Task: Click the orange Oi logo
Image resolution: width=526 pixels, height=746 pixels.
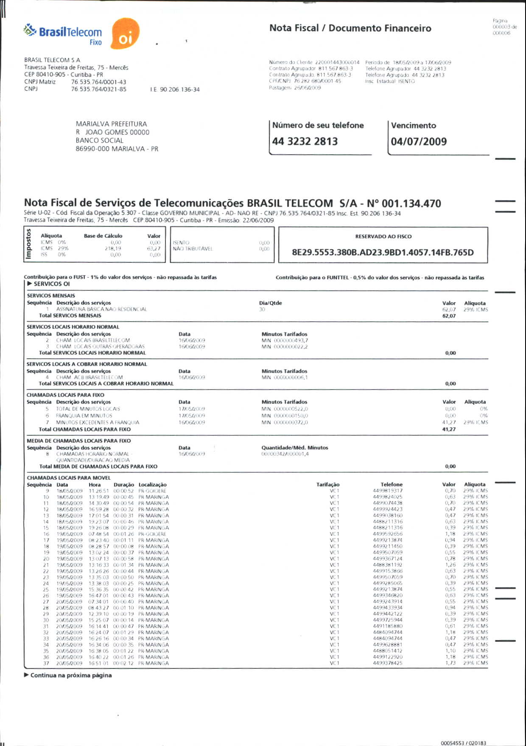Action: (125, 34)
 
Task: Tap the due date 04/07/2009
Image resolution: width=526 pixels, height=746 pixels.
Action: (419, 142)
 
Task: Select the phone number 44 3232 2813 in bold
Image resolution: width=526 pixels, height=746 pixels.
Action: (305, 141)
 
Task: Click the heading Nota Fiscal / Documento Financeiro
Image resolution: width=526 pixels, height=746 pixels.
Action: (350, 28)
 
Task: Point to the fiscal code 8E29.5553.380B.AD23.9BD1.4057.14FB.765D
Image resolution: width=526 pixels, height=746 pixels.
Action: (383, 253)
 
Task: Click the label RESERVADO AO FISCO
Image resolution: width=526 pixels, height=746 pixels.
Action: (383, 237)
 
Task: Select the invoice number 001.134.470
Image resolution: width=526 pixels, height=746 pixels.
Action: (411, 204)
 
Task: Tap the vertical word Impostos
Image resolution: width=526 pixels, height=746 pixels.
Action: (29, 243)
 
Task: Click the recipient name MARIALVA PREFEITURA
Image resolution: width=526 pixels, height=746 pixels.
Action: (111, 124)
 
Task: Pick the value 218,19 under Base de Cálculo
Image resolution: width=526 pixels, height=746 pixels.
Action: (113, 248)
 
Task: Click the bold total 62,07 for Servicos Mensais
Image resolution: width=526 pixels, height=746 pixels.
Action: (449, 316)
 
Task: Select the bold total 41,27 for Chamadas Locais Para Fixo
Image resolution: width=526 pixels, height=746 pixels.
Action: (449, 429)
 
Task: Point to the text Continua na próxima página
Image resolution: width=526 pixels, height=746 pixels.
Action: (71, 675)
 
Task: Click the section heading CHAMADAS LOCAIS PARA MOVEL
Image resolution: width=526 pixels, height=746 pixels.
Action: (69, 478)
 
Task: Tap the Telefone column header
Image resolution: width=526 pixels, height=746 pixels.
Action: (391, 484)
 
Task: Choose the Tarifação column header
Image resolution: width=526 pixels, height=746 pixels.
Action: (327, 484)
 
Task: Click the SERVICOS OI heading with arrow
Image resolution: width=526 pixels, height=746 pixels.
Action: (51, 284)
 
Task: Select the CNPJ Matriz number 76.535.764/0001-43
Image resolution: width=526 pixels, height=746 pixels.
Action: (98, 82)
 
